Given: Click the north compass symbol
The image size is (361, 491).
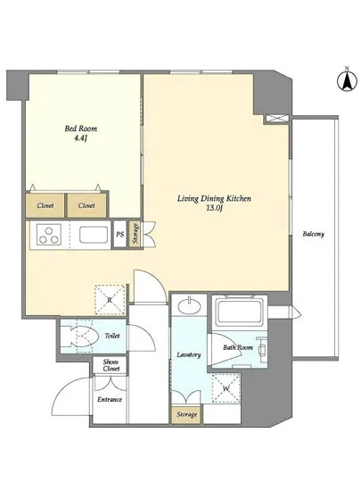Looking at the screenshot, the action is point(347,79).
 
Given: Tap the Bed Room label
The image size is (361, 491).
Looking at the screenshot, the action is point(80,129).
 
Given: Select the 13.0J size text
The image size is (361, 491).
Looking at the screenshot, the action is point(214,209).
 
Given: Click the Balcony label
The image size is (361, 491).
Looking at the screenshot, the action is point(313,234).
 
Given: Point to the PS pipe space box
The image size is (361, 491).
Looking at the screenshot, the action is point(120,234).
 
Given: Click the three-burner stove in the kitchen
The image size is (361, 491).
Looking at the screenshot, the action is point(49,235).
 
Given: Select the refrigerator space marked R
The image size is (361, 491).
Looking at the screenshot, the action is point(110,300).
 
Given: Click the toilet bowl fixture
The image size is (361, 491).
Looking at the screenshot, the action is point(82,336).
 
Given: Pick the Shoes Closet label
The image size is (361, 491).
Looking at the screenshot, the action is point(111,365).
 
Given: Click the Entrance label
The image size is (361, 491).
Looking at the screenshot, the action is point(110,399).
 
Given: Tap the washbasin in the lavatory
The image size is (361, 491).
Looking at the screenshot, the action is point(189,304).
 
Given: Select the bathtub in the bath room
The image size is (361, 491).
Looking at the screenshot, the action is point(240,312).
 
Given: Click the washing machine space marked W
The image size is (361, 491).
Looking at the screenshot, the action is point(226,388).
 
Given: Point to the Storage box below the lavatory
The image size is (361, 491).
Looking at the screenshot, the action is point(186,414).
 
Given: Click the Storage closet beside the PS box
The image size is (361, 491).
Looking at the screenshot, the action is point(135,234).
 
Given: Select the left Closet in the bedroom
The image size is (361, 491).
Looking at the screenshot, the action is point(45,205).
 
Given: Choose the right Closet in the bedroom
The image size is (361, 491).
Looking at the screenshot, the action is point(86,205).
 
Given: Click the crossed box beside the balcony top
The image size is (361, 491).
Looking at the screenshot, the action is point(276,119).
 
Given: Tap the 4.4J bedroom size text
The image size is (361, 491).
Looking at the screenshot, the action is point(80,138).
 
